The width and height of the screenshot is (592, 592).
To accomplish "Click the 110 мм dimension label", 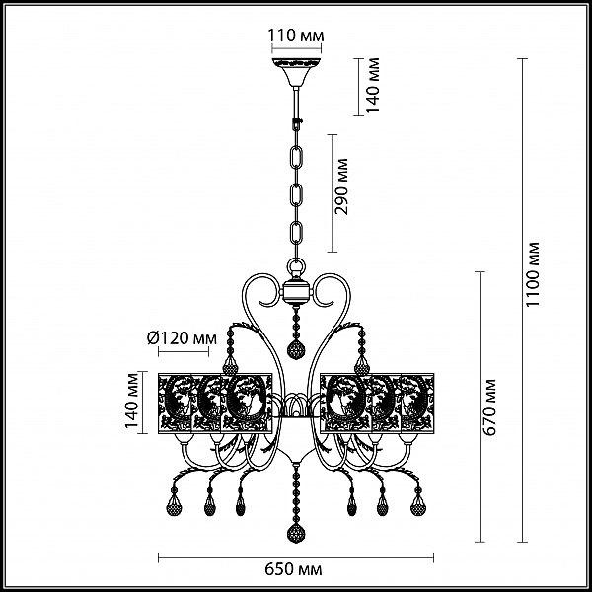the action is [x=296, y=36].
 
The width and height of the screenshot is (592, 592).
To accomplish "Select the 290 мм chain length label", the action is [x=341, y=186].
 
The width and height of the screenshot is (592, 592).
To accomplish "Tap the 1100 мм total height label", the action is [x=533, y=274].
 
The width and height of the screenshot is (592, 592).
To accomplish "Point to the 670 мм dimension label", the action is [x=490, y=407].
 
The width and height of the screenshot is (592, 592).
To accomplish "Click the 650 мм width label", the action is [x=293, y=569].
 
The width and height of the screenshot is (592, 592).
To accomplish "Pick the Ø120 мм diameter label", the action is [x=182, y=338].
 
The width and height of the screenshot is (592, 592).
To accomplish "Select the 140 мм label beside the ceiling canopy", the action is [x=373, y=85].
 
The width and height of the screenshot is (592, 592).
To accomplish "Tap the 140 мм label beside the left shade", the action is [x=132, y=401].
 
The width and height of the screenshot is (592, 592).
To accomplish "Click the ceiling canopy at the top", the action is [x=296, y=72].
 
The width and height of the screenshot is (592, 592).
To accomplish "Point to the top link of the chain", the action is [x=296, y=159].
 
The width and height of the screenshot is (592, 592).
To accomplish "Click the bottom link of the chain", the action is [x=296, y=235].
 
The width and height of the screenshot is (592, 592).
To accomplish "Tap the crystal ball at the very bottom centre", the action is [x=296, y=533].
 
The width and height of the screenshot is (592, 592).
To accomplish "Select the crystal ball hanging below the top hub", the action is [x=296, y=350].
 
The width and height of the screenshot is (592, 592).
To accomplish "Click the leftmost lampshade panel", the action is [x=175, y=404].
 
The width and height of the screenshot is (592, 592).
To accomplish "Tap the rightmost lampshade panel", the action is [x=417, y=404].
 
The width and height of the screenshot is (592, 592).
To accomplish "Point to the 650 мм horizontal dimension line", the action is [x=296, y=557].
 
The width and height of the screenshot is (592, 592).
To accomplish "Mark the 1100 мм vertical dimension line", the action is [x=523, y=300].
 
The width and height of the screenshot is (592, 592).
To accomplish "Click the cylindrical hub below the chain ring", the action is [x=296, y=291].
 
